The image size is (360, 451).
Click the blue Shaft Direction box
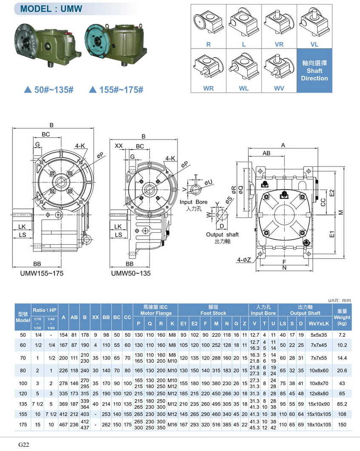pos(314,70)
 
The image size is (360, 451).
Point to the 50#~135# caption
pos(49,90)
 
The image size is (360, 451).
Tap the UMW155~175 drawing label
pos(42,273)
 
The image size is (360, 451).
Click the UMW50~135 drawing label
pos(131,273)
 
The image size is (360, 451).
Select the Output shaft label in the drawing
pos(222,234)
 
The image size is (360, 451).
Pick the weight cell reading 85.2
pos(342,404)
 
